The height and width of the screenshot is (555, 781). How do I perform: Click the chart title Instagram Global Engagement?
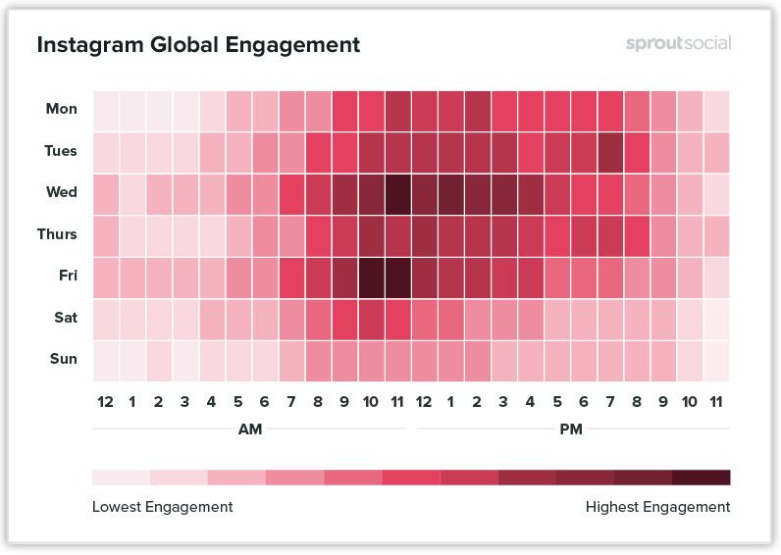coord(198,45)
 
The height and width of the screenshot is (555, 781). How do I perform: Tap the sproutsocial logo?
coord(678,44)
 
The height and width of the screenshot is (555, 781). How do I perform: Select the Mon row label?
coord(62,109)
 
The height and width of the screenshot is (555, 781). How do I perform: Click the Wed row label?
coord(62,192)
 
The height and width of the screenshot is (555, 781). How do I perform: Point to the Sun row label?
coord(64,359)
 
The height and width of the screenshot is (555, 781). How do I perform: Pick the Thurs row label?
coord(58,234)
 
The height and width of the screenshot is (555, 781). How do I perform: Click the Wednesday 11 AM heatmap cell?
coord(397,192)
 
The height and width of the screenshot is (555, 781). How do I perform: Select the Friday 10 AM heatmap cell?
coord(371,276)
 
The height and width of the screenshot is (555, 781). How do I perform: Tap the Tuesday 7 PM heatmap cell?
coord(610,151)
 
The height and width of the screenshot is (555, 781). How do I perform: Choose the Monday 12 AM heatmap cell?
coord(105,109)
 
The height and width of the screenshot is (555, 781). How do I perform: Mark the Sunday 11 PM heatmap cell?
coord(716,359)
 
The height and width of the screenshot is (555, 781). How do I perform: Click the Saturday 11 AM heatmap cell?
coord(397,318)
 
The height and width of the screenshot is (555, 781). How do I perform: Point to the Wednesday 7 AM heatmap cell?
coord(291,192)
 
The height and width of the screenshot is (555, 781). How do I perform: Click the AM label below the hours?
coord(249,429)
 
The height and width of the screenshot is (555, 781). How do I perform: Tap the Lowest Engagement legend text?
coord(162,507)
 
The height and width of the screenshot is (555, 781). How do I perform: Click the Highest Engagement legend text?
coord(657,507)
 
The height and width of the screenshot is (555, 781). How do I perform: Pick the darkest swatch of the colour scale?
coord(702,478)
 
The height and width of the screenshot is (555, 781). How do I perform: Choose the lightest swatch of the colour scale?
coord(121,478)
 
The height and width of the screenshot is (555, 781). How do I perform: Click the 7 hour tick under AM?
coord(291,401)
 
